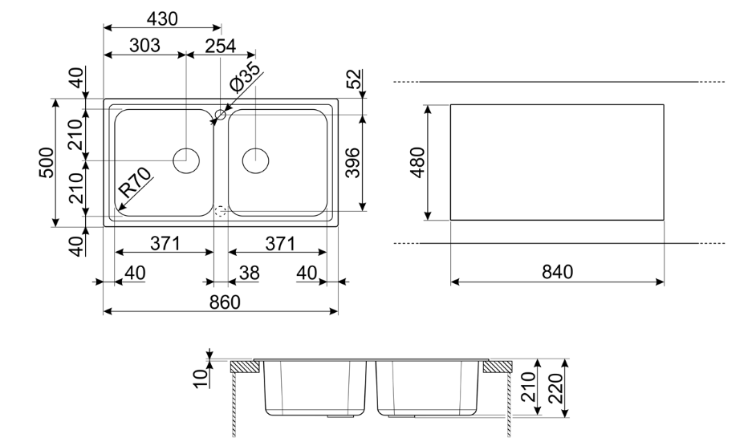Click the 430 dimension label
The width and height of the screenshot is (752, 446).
[161, 18]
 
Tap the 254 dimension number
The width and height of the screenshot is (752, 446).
[220, 46]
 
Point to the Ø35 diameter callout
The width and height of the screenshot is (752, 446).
[245, 82]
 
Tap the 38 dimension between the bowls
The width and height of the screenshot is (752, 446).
[250, 273]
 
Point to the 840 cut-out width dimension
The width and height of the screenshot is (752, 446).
[556, 272]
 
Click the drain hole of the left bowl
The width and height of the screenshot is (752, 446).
[186, 160]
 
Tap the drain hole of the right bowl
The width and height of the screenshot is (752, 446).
[255, 160]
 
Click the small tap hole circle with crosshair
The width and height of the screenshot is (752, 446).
[220, 115]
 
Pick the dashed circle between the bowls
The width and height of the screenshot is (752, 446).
[221, 212]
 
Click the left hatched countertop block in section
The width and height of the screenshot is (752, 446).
[246, 367]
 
